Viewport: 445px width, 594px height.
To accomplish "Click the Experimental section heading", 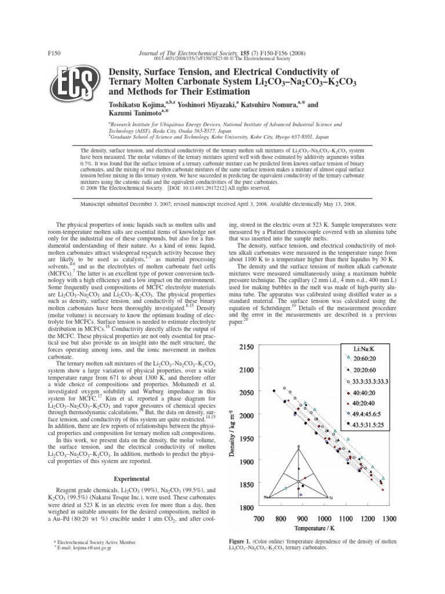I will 133,479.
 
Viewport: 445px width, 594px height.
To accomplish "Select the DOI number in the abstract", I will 199,188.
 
